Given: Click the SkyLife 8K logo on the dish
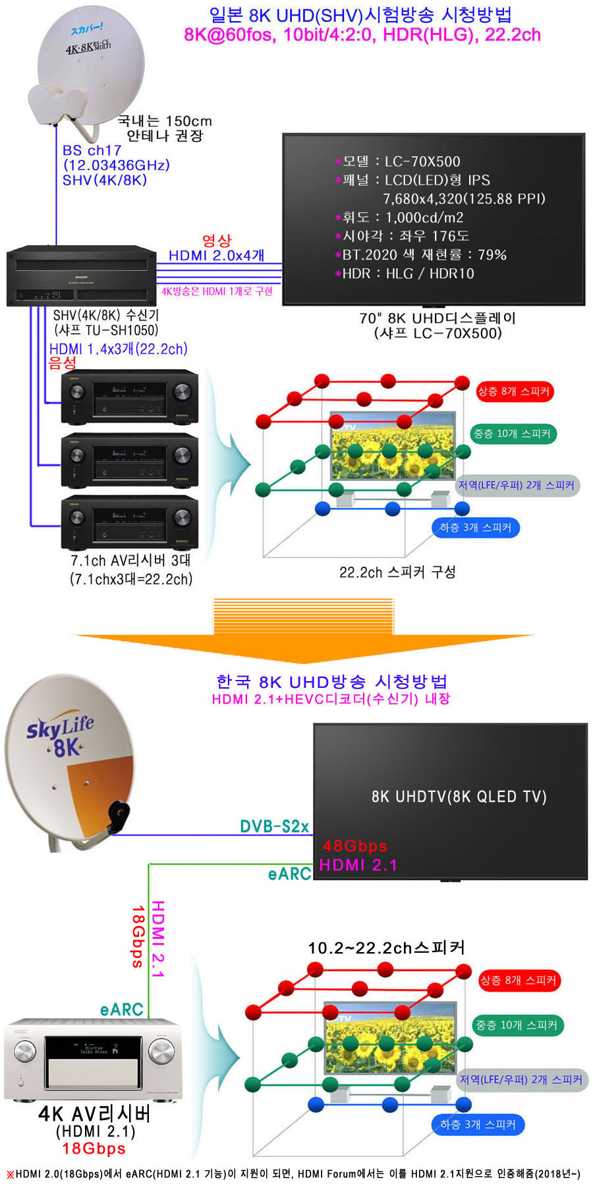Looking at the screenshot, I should pyautogui.click(x=61, y=736).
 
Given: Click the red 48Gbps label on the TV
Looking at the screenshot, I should pyautogui.click(x=354, y=846).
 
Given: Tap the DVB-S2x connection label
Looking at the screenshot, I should pyautogui.click(x=274, y=826).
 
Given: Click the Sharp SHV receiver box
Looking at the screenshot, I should pyautogui.click(x=81, y=276).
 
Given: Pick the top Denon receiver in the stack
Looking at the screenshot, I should pyautogui.click(x=129, y=397).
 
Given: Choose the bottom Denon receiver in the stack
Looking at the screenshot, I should pyautogui.click(x=129, y=522).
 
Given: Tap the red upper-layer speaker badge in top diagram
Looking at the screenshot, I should pyautogui.click(x=514, y=391).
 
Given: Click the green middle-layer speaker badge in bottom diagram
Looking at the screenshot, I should pyautogui.click(x=517, y=1025).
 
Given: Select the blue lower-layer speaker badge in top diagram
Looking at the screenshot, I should pyautogui.click(x=476, y=528).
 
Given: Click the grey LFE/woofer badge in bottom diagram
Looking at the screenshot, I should pyautogui.click(x=521, y=1080).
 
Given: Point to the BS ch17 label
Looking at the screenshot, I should pyautogui.click(x=92, y=150).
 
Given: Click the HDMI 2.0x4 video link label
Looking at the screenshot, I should pyautogui.click(x=216, y=255).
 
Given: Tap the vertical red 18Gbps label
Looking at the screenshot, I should pyautogui.click(x=137, y=936).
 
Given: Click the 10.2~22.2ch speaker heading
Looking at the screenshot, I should pyautogui.click(x=386, y=948).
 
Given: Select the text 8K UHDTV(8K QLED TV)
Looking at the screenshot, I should pyautogui.click(x=459, y=797).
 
